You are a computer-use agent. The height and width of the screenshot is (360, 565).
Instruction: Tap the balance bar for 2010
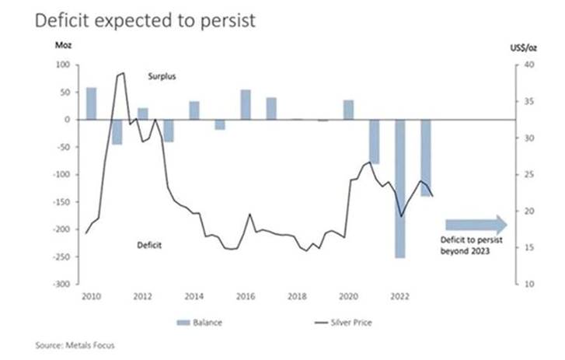pos(91,103)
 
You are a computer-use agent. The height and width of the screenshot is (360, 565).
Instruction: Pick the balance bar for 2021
pos(375,142)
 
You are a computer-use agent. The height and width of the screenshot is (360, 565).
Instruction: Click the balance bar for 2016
pos(246,105)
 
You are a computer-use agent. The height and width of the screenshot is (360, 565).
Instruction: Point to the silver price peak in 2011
pos(121,74)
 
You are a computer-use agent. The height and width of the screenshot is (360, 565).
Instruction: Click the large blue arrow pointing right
pos(476,224)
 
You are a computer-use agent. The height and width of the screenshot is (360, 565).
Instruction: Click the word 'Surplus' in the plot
pos(162,76)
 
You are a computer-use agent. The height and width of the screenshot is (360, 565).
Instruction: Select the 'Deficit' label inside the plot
pos(149,245)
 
